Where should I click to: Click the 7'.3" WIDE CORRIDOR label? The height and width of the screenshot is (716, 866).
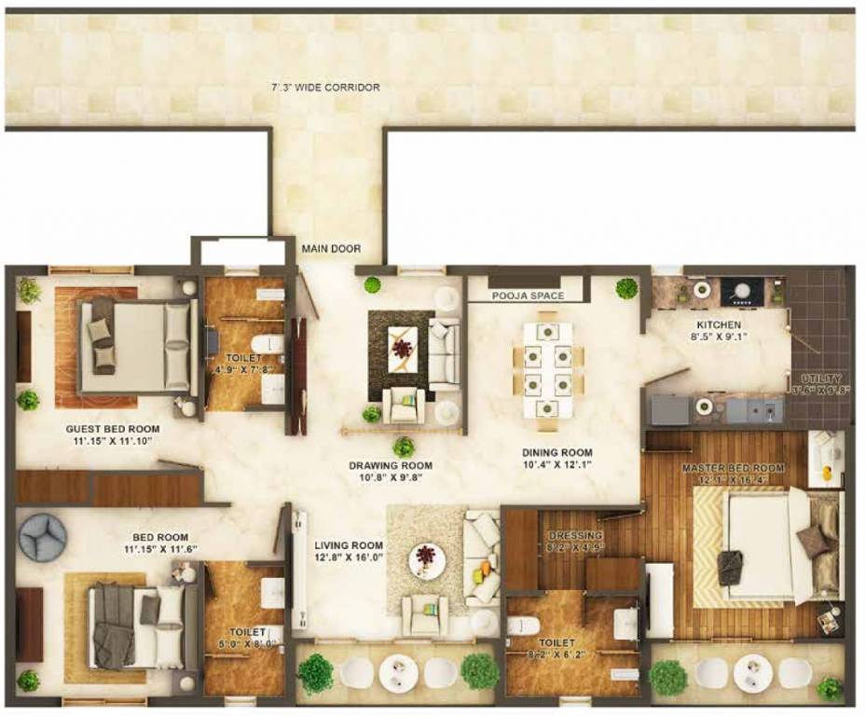(325, 88)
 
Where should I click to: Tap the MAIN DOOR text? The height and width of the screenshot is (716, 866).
(330, 250)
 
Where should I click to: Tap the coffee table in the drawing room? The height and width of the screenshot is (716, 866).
(402, 349)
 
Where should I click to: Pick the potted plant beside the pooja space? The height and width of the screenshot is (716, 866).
(626, 288)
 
